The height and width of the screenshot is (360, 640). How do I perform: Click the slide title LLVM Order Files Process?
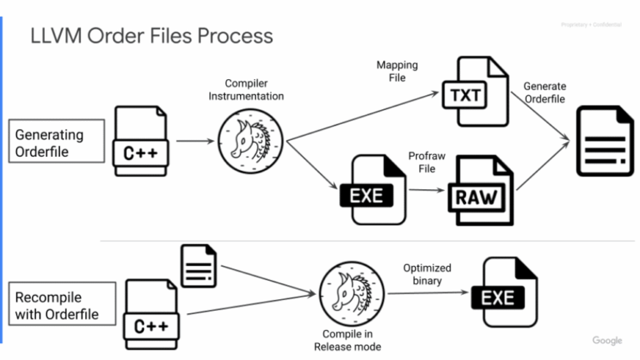(151, 36)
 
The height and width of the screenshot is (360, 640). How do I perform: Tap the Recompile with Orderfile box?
(57, 304)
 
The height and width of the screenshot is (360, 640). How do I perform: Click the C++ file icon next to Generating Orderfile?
(143, 143)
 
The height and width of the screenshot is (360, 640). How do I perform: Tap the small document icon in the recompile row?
(197, 266)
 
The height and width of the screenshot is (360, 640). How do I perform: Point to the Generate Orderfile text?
(544, 93)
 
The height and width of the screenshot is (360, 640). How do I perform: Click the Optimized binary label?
(427, 274)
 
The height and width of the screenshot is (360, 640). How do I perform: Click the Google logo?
(607, 341)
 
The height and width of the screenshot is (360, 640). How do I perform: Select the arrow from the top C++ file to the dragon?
(194, 142)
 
